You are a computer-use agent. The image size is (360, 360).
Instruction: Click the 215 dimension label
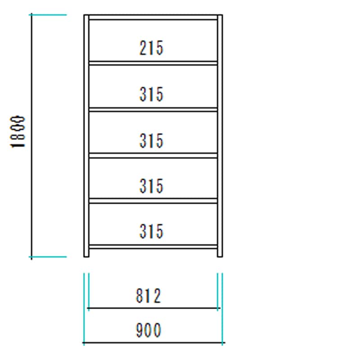[151, 48]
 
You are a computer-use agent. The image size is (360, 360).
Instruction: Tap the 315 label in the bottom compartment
[151, 231]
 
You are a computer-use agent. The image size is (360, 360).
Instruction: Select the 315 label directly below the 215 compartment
[151, 94]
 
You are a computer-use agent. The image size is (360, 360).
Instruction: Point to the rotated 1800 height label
[18, 131]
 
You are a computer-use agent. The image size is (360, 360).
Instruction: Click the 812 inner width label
[148, 296]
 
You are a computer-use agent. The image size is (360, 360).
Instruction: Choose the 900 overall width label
[148, 330]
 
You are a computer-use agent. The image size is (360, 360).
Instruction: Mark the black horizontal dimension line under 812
[154, 308]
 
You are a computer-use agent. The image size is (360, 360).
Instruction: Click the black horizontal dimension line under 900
[154, 342]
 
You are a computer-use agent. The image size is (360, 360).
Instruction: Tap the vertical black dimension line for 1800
[31, 136]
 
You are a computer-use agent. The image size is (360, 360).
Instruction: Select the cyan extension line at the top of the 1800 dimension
[48, 15]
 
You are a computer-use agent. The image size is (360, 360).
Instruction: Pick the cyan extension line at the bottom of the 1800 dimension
[48, 257]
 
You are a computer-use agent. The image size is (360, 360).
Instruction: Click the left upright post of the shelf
[86, 136]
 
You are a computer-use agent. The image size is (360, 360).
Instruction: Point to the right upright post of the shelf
[220, 136]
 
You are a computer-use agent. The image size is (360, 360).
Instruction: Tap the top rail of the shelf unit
[153, 17]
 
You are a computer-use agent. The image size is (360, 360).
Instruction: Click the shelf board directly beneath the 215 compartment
[153, 63]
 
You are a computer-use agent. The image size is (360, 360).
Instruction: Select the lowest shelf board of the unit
[153, 247]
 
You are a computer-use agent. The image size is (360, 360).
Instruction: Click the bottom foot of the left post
[86, 253]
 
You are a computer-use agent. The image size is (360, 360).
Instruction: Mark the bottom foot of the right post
[220, 253]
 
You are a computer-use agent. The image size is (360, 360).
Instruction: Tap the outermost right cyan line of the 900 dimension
[222, 309]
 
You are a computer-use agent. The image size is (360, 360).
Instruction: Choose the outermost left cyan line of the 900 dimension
[84, 309]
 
